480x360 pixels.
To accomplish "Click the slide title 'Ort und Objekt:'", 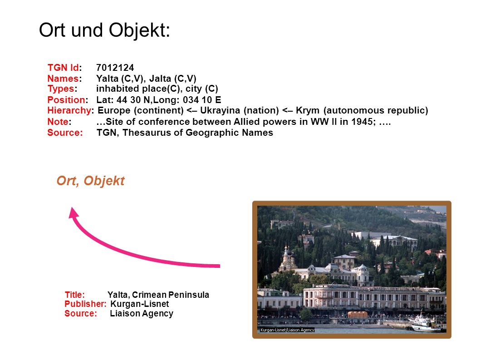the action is coord(104,30).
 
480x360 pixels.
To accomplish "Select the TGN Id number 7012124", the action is coord(115,68).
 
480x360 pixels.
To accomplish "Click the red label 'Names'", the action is coord(63,79).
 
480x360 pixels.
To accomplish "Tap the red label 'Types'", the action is coord(61,89).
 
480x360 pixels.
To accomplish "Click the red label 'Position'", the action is coord(66,100).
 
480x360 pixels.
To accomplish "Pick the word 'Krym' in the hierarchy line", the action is coord(307,110).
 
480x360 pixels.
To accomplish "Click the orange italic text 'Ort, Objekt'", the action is coord(91,181).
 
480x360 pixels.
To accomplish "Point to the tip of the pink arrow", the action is coord(72,207).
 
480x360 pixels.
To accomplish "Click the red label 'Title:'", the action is coord(74,295).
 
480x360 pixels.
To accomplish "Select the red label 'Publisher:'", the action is coord(85,304).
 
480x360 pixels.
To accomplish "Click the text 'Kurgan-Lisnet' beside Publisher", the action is coord(140,304).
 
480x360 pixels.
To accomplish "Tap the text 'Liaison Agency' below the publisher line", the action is coord(142,313).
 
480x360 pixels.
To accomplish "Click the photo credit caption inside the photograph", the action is coord(287,330).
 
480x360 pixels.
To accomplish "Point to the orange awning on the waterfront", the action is coord(358,314).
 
